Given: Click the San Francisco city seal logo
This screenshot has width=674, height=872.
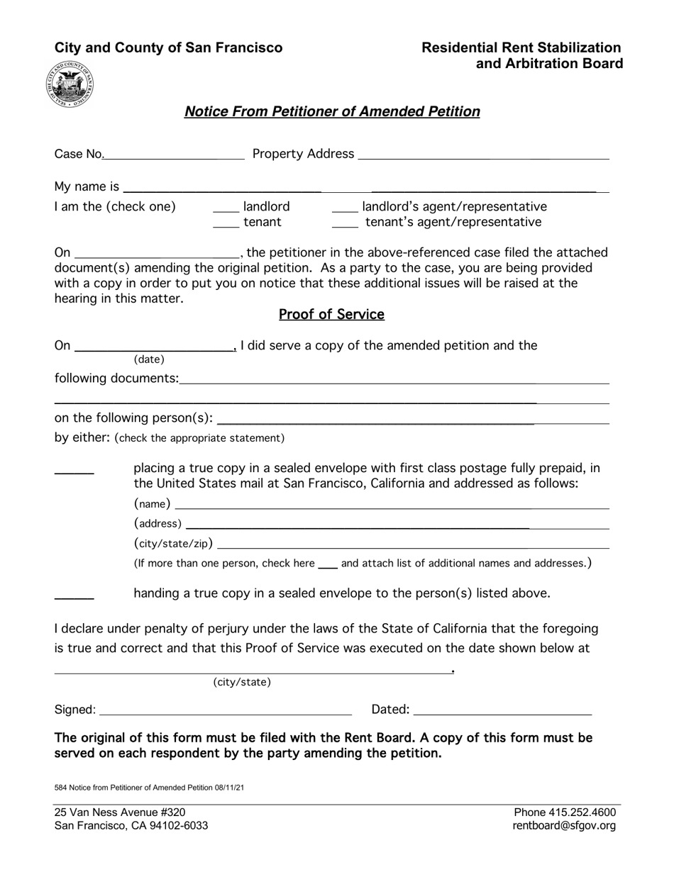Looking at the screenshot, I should tap(70, 84).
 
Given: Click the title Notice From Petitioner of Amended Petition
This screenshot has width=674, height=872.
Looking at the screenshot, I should tap(332, 111).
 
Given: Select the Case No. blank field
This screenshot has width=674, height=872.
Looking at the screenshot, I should tap(174, 155).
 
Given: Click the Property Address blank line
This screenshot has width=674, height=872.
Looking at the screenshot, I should tap(483, 155).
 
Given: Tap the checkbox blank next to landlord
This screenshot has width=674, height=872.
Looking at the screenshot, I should tap(226, 208).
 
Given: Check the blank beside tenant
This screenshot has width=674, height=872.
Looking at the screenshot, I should tap(226, 223).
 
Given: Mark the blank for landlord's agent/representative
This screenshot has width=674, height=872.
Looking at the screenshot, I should tap(344, 208).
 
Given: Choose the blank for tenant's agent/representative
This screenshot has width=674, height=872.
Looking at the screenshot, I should tap(344, 223).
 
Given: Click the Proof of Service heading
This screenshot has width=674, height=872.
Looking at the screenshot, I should tap(331, 314).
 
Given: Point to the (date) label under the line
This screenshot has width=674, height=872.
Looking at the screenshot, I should tap(149, 359).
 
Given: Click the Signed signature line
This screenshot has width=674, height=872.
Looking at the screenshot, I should tap(226, 710).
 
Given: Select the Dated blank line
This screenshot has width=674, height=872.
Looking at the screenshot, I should tap(502, 710).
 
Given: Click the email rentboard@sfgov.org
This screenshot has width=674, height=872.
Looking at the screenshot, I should tap(565, 826).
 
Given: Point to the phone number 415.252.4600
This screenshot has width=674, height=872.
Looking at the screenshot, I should tap(565, 812).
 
